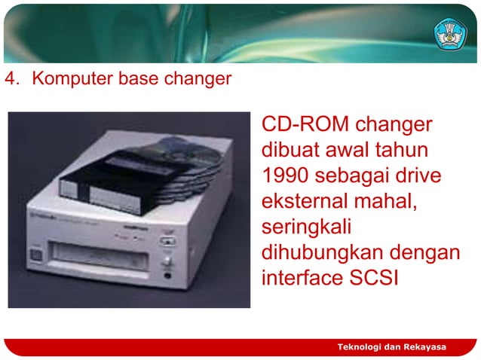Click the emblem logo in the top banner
[450, 32]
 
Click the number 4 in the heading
[9, 78]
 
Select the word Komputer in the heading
[64, 78]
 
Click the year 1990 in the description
[284, 175]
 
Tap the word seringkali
[307, 227]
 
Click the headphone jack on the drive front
[166, 275]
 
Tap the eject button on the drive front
[166, 243]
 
